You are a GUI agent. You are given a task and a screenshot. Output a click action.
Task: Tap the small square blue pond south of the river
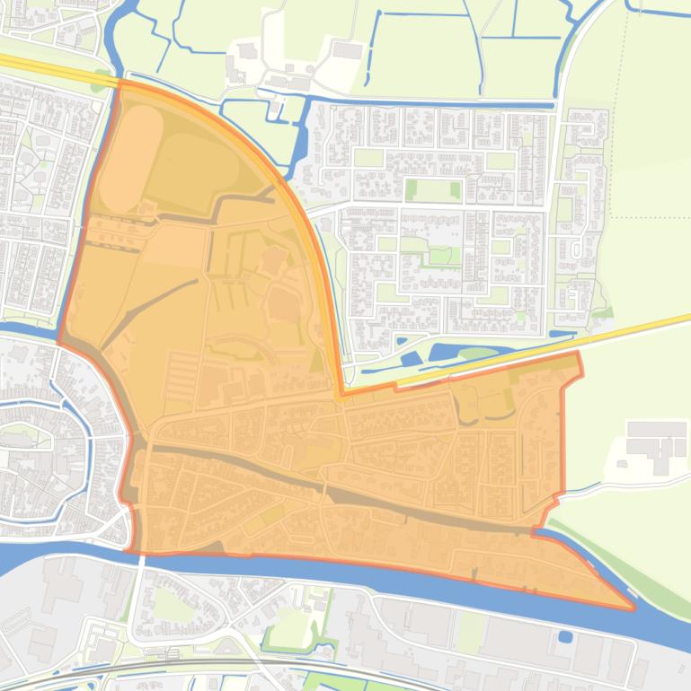point(565,637)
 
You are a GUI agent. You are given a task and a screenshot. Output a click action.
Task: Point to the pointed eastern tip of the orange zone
point(633,608)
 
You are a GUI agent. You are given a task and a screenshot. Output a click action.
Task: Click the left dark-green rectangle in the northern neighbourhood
point(412,190)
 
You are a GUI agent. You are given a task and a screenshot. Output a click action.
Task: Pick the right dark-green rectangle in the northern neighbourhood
point(455,190)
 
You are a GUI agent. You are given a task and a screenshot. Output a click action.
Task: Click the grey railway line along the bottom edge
point(359,671)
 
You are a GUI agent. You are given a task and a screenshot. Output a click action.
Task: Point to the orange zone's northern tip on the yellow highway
point(120,83)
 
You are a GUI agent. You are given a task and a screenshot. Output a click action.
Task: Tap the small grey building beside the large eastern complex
point(620,465)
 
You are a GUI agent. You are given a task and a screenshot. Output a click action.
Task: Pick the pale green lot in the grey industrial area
point(470,630)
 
